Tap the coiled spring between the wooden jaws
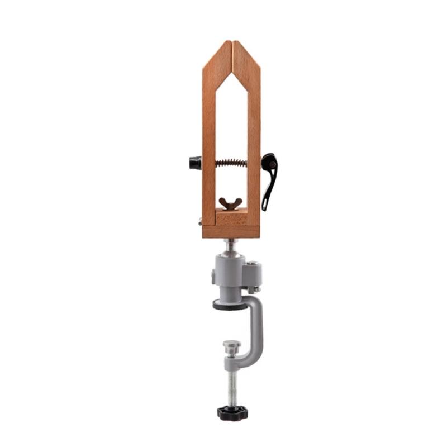(231, 163)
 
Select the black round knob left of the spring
(195, 163)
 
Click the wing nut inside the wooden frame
(230, 203)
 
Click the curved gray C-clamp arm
(256, 330)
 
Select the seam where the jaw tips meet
(231, 50)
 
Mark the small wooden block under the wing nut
(231, 217)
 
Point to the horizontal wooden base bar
(231, 231)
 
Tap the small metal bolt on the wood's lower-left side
(200, 222)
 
